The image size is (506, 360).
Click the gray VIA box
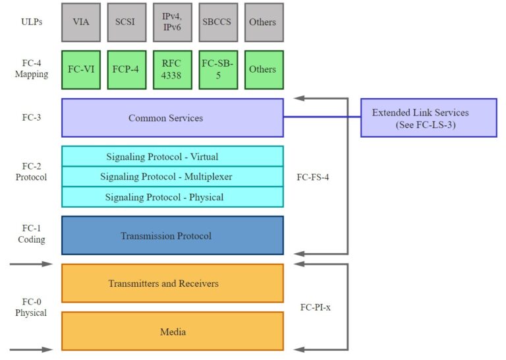point(81,22)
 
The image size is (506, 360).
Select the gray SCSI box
point(126,22)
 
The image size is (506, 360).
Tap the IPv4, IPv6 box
point(172,22)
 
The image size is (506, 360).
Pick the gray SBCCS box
point(217,22)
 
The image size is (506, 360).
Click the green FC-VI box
point(81,69)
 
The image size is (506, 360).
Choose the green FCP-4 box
point(126,69)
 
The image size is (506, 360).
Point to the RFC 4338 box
point(172,69)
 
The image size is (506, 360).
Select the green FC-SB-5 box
point(217,69)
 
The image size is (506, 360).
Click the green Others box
point(263,69)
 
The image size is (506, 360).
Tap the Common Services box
point(172,118)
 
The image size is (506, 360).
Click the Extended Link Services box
point(429,118)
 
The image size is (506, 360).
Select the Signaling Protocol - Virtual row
point(172,156)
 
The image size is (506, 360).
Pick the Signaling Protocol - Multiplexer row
point(172,177)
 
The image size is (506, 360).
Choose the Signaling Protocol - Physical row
point(172,197)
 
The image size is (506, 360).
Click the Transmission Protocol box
point(172,235)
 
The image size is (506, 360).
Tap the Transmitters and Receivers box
point(172,284)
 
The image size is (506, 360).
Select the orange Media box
point(172,331)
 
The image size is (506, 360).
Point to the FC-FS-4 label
point(313,177)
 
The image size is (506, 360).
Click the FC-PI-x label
point(314,307)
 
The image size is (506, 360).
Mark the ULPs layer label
point(31,22)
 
